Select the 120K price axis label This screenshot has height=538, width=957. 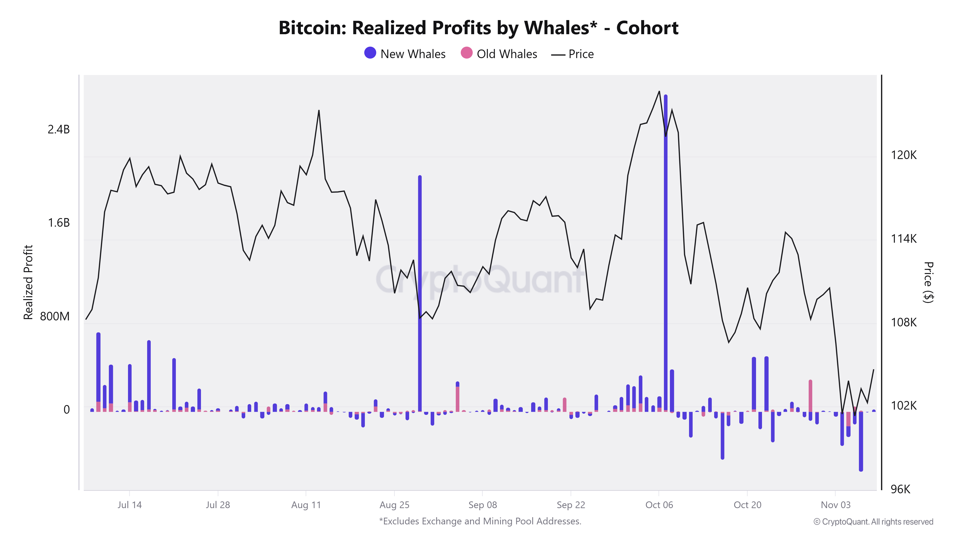(903, 155)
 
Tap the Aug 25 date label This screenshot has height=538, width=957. (394, 505)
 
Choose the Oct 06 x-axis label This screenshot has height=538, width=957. (659, 505)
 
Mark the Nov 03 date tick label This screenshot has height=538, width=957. (835, 505)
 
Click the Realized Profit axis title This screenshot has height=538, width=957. (28, 282)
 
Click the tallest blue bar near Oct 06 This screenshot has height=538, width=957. (665, 253)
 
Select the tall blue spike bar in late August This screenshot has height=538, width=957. (420, 293)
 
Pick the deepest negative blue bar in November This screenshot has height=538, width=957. (861, 442)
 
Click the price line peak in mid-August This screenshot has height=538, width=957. (319, 111)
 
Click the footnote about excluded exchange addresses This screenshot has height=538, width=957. (480, 521)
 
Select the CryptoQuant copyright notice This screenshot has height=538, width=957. (873, 522)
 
